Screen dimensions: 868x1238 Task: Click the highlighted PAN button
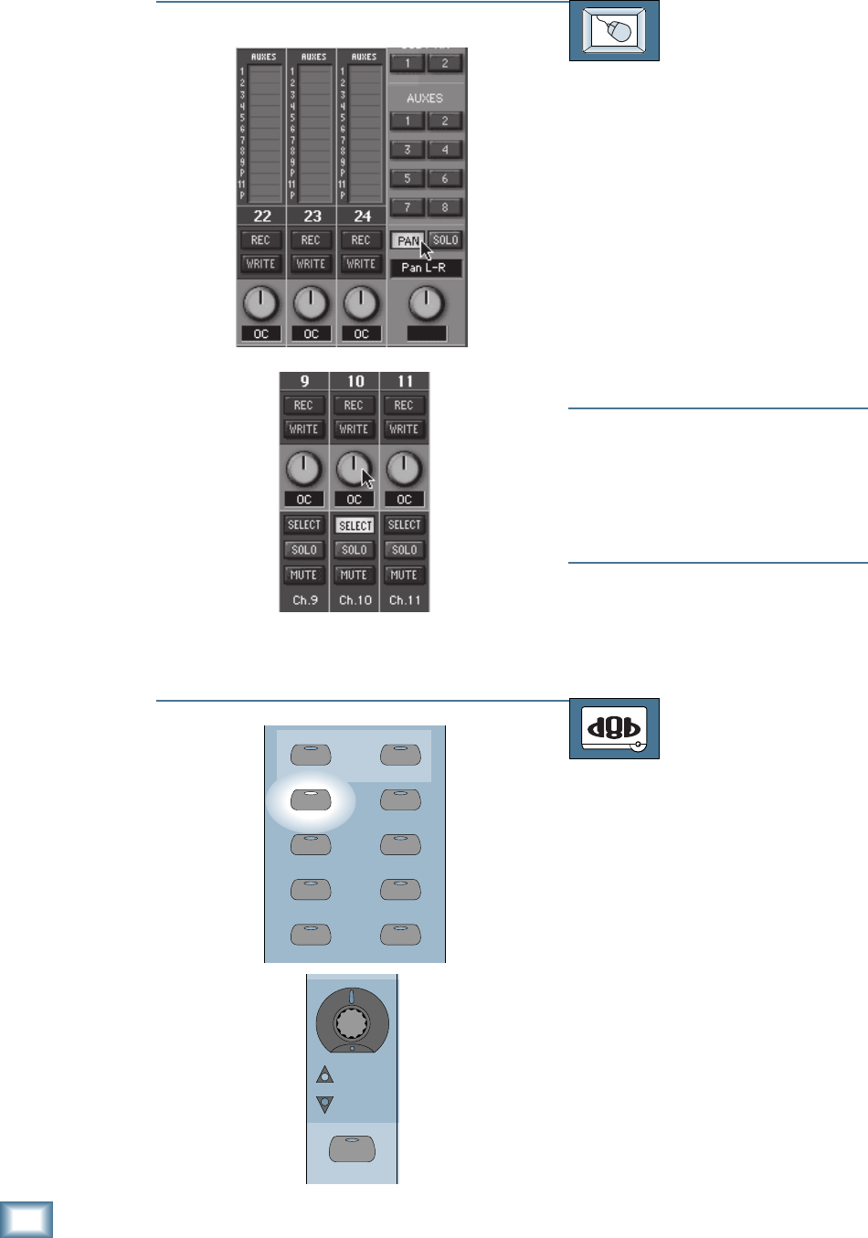coord(408,240)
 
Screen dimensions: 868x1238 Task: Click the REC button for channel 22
coord(260,239)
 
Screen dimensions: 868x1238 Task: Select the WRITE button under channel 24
coord(361,263)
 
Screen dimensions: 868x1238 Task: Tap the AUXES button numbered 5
coord(408,178)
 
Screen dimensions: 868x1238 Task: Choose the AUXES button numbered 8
coord(445,207)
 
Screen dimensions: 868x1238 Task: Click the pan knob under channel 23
coord(312,302)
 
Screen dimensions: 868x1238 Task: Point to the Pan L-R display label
coord(426,268)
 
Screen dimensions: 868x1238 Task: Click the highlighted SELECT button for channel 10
coord(355,525)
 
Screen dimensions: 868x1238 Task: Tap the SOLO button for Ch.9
coord(304,550)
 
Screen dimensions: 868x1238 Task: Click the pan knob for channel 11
coord(404,469)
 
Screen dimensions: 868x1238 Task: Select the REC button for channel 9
coord(304,405)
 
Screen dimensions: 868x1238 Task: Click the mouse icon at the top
coord(614,31)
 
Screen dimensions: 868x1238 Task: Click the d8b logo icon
coord(614,728)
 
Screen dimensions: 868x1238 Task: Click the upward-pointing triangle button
coord(325,1075)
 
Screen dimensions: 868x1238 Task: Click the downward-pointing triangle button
coord(325,1104)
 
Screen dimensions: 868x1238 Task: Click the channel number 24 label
coord(363,217)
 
